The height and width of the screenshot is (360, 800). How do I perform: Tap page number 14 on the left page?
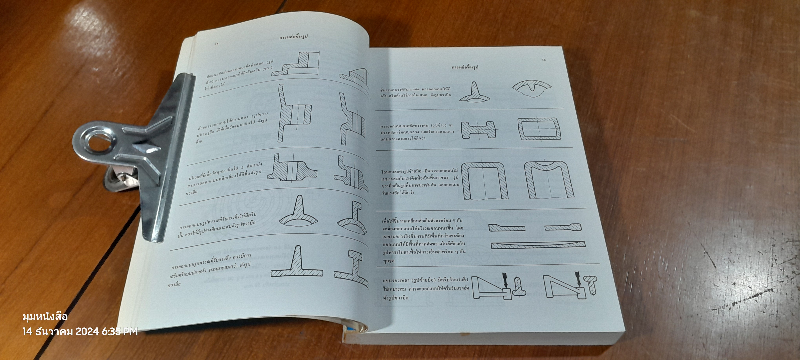pyautogui.click(x=217, y=44)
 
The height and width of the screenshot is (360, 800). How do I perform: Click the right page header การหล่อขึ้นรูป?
pyautogui.click(x=465, y=67)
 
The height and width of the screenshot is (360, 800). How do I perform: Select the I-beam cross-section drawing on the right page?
pyautogui.click(x=478, y=130)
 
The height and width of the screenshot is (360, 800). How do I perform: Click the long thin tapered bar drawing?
pyautogui.click(x=538, y=245)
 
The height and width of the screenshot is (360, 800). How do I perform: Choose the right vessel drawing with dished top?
pyautogui.click(x=549, y=180)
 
